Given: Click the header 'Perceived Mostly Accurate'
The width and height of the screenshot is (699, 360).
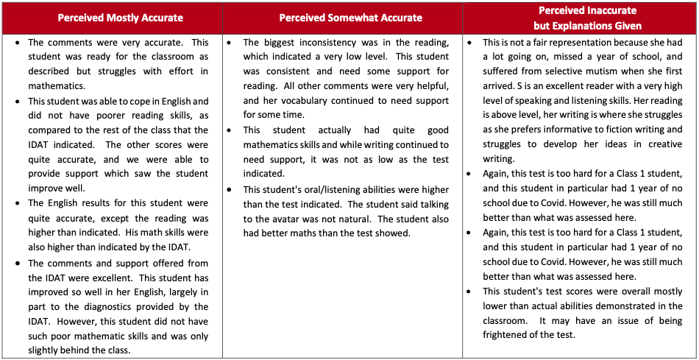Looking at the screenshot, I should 120,18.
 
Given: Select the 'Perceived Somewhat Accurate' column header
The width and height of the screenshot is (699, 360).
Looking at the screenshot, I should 351,18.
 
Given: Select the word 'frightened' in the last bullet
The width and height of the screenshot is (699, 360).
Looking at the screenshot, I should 510,335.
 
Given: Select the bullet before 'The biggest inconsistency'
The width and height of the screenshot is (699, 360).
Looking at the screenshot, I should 231,42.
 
